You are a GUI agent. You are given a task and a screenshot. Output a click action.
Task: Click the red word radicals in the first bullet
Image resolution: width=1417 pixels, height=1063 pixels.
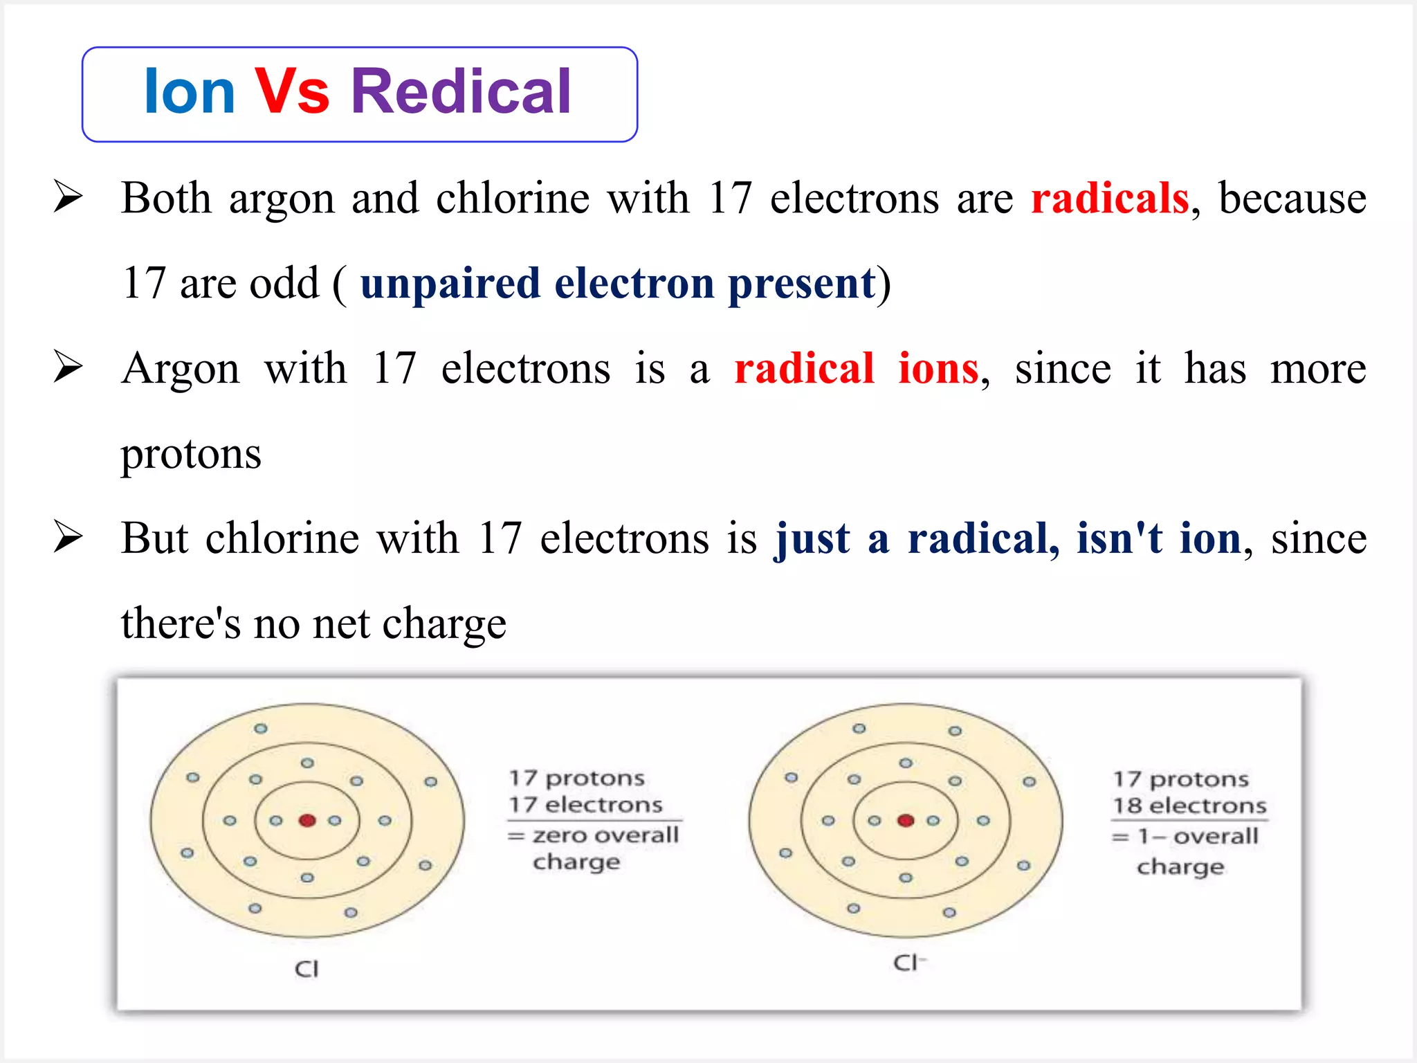pyautogui.click(x=1110, y=199)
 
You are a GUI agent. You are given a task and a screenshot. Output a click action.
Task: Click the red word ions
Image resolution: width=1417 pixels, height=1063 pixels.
pyautogui.click(x=938, y=368)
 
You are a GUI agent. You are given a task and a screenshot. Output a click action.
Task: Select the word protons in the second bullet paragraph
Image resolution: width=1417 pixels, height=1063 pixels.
pyautogui.click(x=191, y=455)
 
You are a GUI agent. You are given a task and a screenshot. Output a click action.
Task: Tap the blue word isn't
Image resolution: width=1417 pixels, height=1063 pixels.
pyautogui.click(x=1119, y=538)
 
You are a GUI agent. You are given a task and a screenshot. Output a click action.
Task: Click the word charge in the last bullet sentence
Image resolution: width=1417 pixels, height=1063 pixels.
pyautogui.click(x=444, y=623)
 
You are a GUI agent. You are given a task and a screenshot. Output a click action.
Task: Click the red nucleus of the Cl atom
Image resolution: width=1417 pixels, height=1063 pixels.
pyautogui.click(x=307, y=821)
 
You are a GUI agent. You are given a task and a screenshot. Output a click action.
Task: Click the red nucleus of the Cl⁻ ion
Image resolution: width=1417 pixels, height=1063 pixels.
pyautogui.click(x=906, y=821)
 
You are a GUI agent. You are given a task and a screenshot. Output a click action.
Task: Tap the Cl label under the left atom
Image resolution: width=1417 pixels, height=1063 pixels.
pyautogui.click(x=307, y=969)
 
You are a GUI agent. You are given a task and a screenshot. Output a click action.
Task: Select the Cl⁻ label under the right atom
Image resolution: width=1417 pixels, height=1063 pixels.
pyautogui.click(x=908, y=963)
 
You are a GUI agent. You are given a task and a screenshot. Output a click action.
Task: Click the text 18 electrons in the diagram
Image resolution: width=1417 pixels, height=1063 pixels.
pyautogui.click(x=1189, y=806)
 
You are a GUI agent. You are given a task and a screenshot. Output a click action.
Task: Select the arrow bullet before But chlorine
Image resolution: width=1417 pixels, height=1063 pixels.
pyautogui.click(x=68, y=538)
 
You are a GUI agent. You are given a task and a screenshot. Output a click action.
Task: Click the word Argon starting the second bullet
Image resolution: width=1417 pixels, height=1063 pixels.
pyautogui.click(x=181, y=368)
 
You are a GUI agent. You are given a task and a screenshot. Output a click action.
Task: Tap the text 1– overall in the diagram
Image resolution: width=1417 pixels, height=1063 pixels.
pyautogui.click(x=1198, y=837)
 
